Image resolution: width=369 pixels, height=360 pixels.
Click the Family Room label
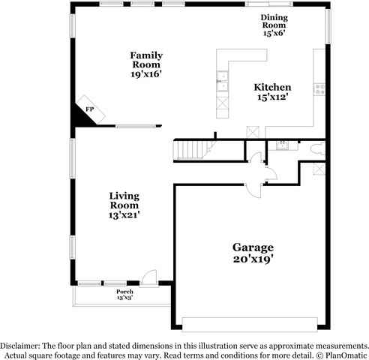146,65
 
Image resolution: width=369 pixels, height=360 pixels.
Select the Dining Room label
274,25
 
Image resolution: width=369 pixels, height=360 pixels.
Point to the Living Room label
124,205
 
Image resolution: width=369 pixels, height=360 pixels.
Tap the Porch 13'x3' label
124,294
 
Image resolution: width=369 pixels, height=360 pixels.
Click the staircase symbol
192,150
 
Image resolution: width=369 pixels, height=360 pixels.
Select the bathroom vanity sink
282,145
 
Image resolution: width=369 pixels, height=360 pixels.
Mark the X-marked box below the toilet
319,168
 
